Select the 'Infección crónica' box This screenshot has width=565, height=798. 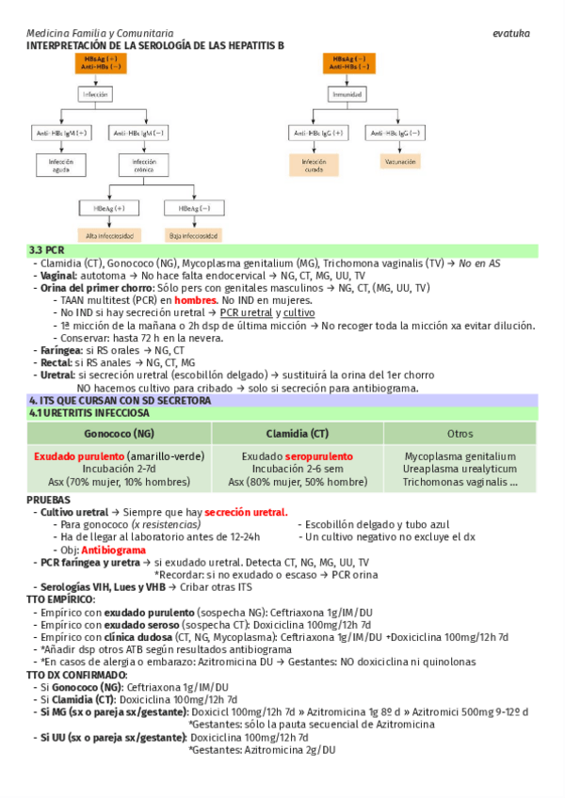[137, 167]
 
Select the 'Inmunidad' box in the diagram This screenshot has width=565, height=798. [347, 95]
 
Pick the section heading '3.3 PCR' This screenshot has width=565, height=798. [47, 250]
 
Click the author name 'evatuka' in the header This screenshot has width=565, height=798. [511, 33]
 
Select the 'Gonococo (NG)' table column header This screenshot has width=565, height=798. [119, 433]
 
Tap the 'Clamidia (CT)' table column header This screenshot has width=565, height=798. [298, 433]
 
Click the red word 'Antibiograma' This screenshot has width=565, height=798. [113, 549]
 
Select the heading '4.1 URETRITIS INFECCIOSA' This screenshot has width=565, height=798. [89, 412]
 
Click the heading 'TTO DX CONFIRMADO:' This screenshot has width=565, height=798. [76, 675]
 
